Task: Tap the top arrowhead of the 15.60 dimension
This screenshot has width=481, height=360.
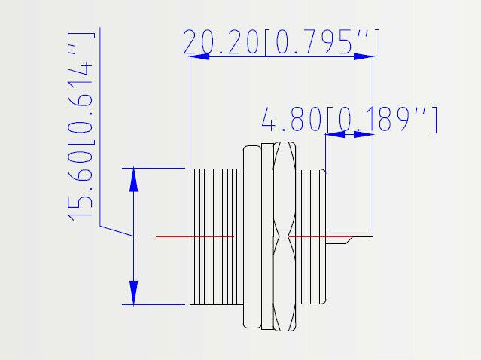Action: click(133, 178)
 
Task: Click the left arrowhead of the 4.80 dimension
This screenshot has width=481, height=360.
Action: click(333, 134)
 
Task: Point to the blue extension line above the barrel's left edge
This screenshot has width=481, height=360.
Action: click(190, 113)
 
